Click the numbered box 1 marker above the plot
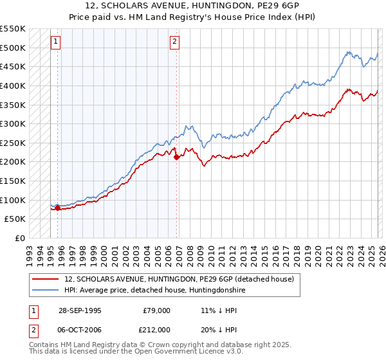[x=56, y=42]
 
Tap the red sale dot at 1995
[x=58, y=208]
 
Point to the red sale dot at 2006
[x=176, y=157]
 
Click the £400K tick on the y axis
[x=12, y=85]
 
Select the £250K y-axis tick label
[x=12, y=143]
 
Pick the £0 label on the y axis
[x=19, y=238]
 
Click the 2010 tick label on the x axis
[x=210, y=251]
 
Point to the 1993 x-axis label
[x=29, y=251]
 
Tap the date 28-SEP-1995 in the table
[x=80, y=310]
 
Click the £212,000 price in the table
[x=156, y=330]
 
